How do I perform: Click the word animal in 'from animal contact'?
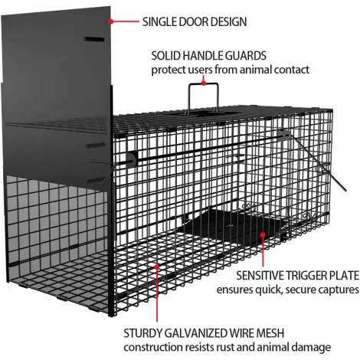(256, 70)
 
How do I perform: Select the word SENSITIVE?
(260, 276)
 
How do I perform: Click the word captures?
(339, 290)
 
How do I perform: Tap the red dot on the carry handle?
(204, 83)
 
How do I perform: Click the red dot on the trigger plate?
(263, 234)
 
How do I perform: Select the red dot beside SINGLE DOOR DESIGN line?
(111, 21)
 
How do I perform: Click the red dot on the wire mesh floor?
(157, 267)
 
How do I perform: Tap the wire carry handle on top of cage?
(189, 98)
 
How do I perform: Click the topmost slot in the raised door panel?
(94, 39)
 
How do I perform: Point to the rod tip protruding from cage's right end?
(345, 190)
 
